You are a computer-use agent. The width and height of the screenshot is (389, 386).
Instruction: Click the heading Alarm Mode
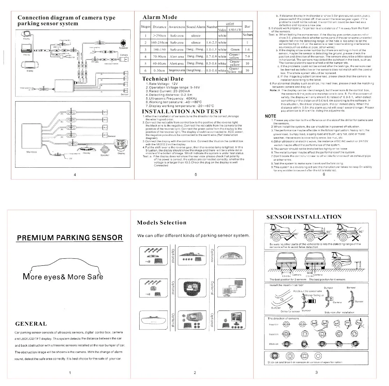(159, 17)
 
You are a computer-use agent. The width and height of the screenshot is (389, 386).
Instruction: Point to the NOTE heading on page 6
(270, 116)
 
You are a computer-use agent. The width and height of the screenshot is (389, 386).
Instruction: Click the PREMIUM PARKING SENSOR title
(69, 238)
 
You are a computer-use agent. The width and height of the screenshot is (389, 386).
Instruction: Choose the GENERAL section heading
(31, 324)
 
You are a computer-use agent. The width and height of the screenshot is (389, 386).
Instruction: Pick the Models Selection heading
(161, 223)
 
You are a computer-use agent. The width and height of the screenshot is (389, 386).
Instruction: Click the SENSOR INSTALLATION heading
(304, 217)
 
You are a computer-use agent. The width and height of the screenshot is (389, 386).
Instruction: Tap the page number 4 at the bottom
(75, 175)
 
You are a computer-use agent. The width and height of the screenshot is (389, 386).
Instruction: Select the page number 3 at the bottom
(317, 373)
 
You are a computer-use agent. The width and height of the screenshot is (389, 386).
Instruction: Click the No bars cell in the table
(247, 35)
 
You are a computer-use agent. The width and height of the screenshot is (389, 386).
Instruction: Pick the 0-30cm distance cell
(159, 70)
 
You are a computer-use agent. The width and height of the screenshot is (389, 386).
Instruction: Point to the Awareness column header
(177, 27)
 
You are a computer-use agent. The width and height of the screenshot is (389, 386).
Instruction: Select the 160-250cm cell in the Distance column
(159, 42)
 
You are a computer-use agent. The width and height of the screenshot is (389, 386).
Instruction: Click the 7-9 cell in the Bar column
(247, 56)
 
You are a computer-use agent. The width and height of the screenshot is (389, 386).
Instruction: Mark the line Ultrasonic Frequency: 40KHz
(171, 98)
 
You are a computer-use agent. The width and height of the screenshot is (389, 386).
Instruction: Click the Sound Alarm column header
(196, 27)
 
